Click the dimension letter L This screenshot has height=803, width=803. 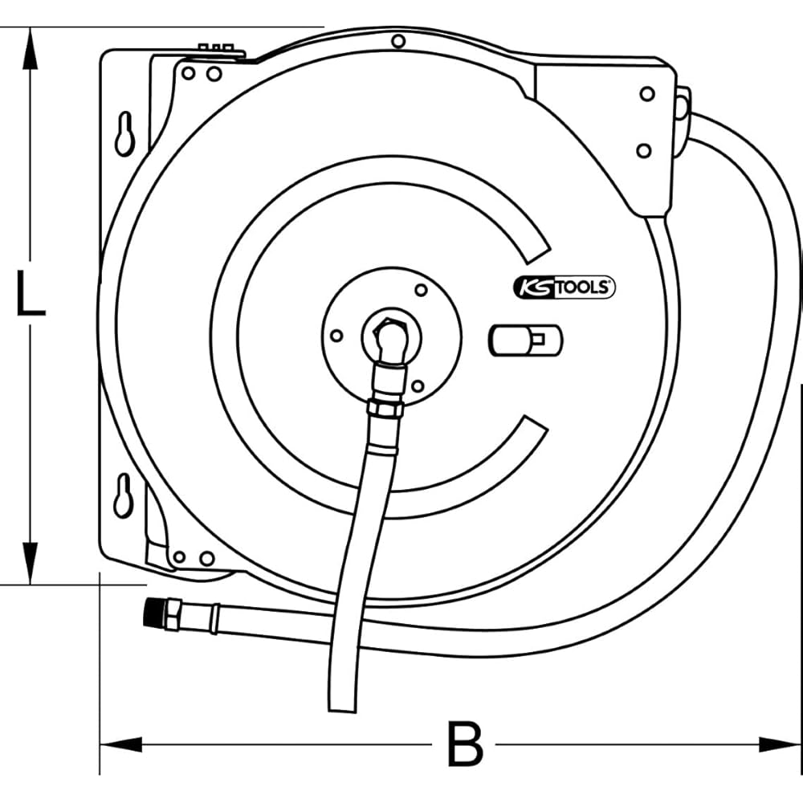[31, 292]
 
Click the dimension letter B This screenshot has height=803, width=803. [465, 744]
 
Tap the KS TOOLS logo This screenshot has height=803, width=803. [565, 287]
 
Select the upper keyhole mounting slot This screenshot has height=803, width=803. [124, 133]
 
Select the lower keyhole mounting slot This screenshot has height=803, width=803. [124, 495]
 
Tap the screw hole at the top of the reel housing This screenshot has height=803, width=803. [398, 41]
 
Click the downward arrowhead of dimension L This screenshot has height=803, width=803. [31, 564]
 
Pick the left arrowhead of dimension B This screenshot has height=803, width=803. [121, 744]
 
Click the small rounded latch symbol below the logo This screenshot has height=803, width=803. [525, 340]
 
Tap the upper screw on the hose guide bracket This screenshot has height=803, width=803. [647, 94]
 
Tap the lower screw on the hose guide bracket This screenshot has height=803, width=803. [644, 151]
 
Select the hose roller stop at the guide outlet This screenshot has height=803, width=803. [682, 108]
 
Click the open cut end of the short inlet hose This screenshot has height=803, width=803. [342, 710]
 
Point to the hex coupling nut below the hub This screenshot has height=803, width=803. [385, 408]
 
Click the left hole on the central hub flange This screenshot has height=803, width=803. [336, 336]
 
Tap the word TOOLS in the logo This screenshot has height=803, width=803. [583, 287]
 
